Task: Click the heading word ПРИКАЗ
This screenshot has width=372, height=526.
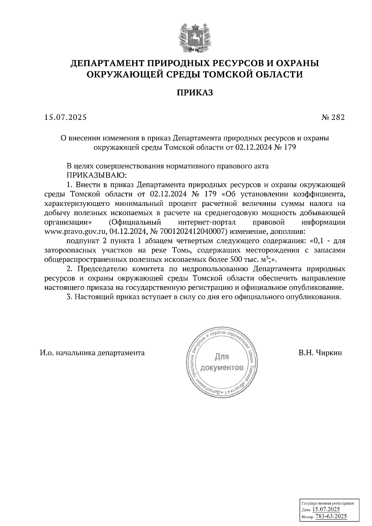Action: click(x=195, y=93)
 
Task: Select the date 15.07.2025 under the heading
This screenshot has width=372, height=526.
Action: click(x=65, y=117)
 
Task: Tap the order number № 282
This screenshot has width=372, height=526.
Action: click(x=333, y=117)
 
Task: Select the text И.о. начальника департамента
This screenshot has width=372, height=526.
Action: click(x=92, y=353)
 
